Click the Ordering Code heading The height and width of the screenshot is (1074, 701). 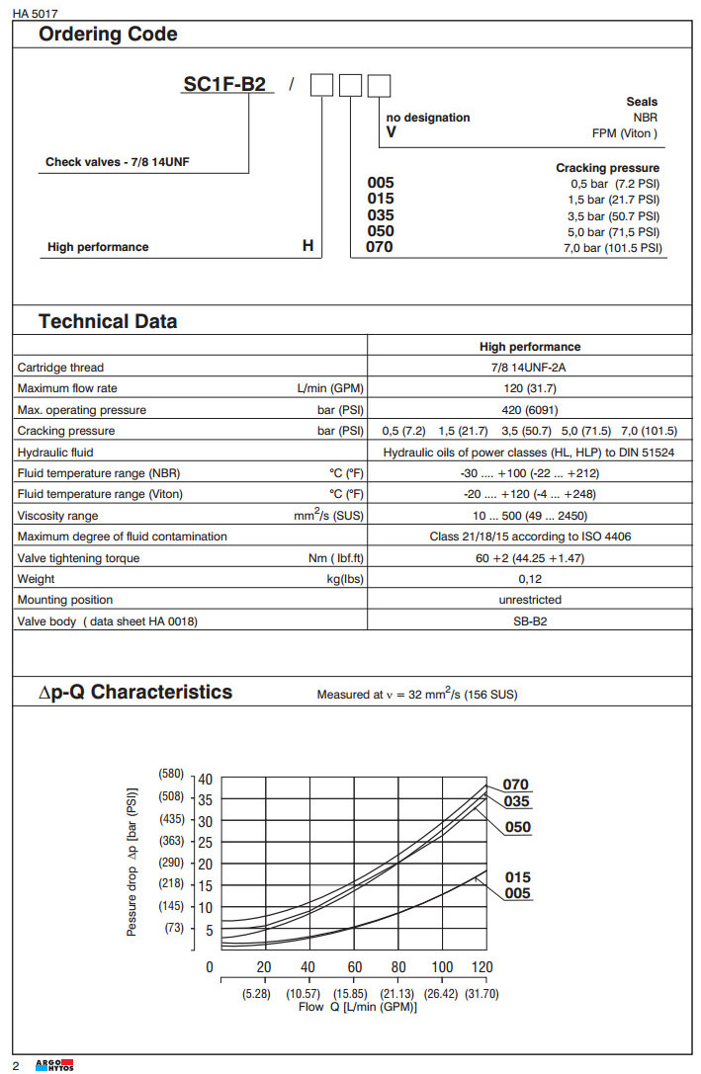[x=108, y=35]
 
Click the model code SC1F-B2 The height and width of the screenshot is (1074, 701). [x=224, y=85]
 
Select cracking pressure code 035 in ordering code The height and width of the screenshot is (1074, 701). [x=380, y=215]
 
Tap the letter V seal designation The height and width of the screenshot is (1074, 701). [x=391, y=132]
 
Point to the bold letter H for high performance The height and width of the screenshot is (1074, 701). [x=307, y=247]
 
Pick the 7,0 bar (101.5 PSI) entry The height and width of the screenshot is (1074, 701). [x=612, y=247]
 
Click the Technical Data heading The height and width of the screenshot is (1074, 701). [x=108, y=321]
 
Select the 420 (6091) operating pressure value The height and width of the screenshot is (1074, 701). [x=529, y=410]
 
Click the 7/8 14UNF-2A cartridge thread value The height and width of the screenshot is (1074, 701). [x=529, y=368]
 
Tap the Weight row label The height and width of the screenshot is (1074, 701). [x=37, y=579]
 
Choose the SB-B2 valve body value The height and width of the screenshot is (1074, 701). [x=529, y=621]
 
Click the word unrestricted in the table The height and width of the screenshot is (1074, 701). [x=529, y=600]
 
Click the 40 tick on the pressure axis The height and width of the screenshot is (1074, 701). [x=205, y=779]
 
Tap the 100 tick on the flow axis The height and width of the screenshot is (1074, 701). [x=442, y=967]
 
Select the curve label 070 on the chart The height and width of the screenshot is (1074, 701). [x=516, y=785]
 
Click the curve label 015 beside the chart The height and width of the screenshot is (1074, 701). [x=517, y=877]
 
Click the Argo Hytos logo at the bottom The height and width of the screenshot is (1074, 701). [x=54, y=1064]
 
